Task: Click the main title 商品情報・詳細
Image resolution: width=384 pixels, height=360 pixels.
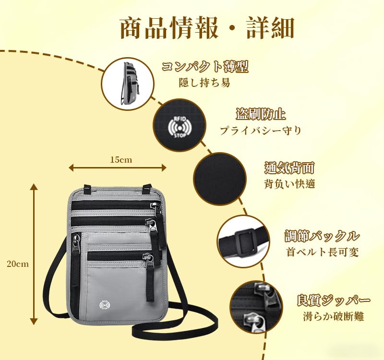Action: pos(207,28)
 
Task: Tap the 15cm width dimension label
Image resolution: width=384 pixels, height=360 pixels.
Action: pos(121,160)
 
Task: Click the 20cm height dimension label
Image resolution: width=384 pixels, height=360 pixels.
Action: pos(18,264)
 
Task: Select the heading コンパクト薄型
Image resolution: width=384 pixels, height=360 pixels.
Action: pos(205,67)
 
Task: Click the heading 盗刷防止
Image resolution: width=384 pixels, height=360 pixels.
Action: pos(261,114)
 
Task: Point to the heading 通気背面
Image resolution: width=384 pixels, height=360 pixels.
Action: pos(289,168)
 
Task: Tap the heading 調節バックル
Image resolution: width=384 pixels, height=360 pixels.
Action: pos(322,236)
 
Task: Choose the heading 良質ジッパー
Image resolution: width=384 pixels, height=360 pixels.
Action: pos(333,300)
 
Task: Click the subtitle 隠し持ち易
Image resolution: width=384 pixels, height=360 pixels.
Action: pos(205,83)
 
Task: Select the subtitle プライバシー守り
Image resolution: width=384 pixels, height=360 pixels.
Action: pos(261,130)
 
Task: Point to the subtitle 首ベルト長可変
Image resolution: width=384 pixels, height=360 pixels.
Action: pos(323,252)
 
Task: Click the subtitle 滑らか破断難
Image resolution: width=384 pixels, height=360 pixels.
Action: pos(333,316)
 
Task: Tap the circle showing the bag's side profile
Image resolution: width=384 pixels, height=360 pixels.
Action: pos(128,84)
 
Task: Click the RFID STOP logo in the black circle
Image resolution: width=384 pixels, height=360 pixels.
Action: pos(180,127)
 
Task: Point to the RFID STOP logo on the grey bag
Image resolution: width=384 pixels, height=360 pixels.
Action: pos(105,304)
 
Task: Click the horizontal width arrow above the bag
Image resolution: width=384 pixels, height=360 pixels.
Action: pos(118,168)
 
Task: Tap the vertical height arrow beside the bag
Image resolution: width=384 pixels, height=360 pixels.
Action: pos(34,254)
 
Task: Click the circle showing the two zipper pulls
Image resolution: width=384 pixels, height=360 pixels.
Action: pos(257,307)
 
